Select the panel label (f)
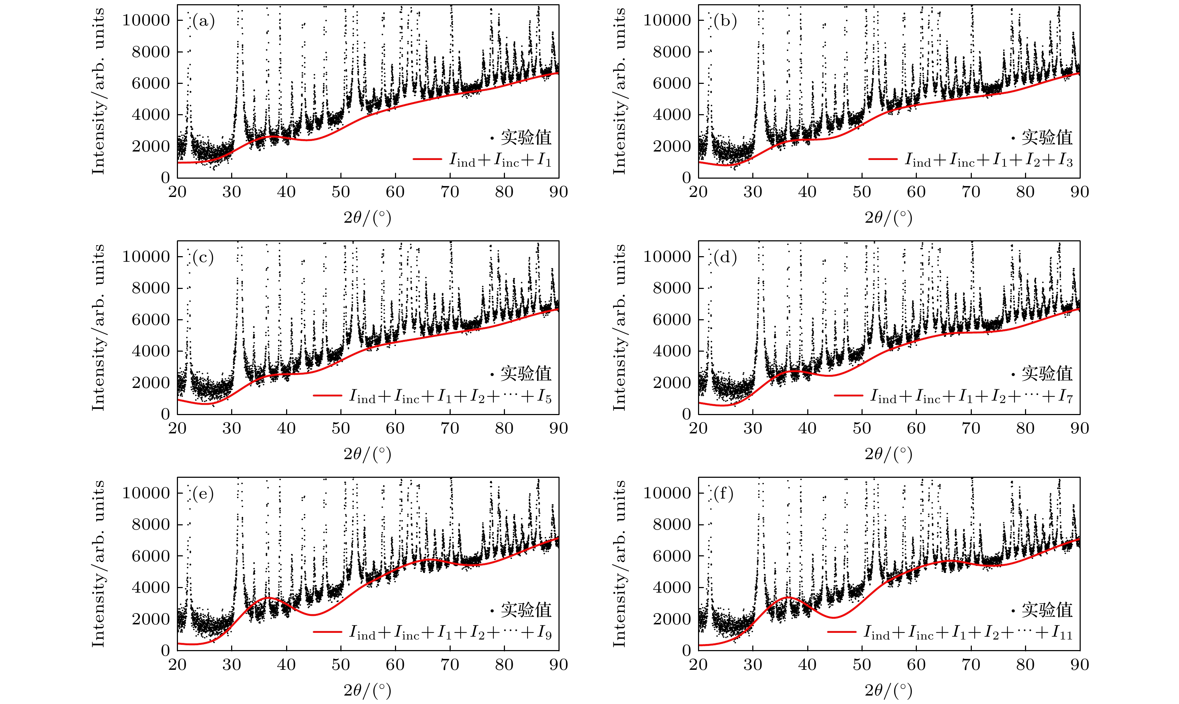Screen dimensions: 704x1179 point(723,494)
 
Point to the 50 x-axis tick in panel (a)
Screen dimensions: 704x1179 point(340,192)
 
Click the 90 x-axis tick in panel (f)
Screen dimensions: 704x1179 point(1079,664)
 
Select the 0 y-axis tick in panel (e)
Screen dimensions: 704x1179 point(165,650)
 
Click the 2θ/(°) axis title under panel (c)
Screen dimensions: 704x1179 point(368,454)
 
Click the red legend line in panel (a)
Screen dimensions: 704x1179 point(427,159)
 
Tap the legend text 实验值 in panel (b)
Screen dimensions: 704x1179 point(1047,137)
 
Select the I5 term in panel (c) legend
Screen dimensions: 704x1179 point(544,397)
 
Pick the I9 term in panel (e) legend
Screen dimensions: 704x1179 point(544,633)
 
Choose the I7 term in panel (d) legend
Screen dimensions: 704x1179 point(1065,397)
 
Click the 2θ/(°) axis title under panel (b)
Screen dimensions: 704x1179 point(888,218)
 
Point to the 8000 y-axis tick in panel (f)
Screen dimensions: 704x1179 point(672,524)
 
